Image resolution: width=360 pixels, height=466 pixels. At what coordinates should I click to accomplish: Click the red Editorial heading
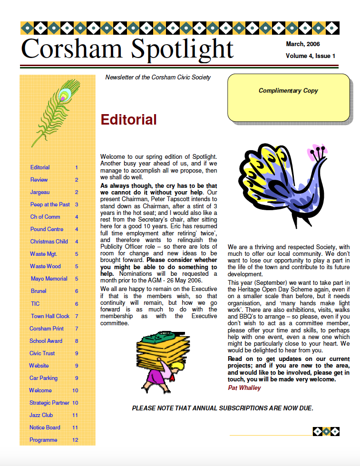pyautogui.click(x=129, y=120)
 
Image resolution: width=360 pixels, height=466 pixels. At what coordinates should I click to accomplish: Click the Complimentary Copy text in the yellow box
pyautogui.click(x=288, y=91)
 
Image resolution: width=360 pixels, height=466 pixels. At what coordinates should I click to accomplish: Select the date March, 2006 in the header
pyautogui.click(x=302, y=44)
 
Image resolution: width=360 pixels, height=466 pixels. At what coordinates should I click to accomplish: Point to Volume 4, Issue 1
pyautogui.click(x=310, y=56)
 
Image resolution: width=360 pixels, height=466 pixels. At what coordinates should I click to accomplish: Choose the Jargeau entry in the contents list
pyautogui.click(x=40, y=192)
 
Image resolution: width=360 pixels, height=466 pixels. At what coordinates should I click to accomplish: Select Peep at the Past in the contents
pyautogui.click(x=50, y=204)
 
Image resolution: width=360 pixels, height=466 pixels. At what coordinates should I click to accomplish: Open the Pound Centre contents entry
pyautogui.click(x=47, y=229)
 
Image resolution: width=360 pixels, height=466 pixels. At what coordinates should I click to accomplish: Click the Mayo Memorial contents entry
pyautogui.click(x=49, y=279)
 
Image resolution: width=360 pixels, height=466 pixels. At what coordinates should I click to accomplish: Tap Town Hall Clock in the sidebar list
pyautogui.click(x=50, y=316)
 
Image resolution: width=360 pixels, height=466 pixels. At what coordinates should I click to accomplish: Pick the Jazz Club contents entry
pyautogui.click(x=41, y=415)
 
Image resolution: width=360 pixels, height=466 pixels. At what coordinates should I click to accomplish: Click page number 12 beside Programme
pyautogui.click(x=75, y=440)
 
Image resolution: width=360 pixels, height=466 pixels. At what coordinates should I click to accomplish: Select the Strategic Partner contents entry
pyautogui.click(x=49, y=403)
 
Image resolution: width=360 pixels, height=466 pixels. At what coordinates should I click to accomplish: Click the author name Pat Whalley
pyautogui.click(x=244, y=388)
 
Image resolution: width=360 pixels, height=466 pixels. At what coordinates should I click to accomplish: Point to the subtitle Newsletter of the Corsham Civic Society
pyautogui.click(x=158, y=78)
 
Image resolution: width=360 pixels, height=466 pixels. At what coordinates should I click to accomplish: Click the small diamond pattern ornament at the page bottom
pyautogui.click(x=326, y=431)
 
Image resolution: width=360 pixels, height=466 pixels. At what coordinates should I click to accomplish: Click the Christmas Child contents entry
pyautogui.click(x=49, y=242)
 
